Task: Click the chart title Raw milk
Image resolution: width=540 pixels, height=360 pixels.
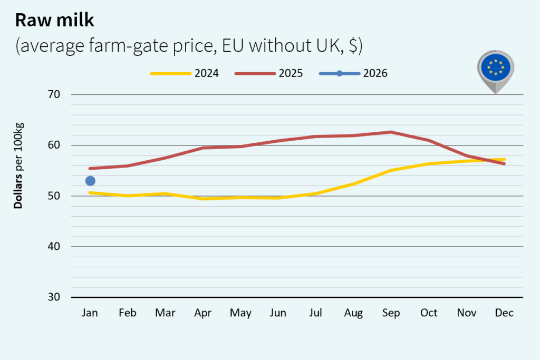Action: [54, 20]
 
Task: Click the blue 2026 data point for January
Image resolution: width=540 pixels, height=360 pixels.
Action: [90, 181]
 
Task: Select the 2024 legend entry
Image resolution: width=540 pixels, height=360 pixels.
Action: [185, 73]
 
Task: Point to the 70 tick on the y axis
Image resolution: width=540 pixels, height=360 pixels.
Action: [55, 95]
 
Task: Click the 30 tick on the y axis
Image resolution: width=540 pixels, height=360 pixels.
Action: [55, 297]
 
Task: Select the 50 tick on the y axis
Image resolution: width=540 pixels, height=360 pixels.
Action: [55, 196]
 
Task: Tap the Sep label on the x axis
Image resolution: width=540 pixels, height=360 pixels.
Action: [391, 313]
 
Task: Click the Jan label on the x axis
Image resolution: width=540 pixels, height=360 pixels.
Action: [90, 313]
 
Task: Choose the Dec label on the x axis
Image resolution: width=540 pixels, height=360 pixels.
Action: [504, 313]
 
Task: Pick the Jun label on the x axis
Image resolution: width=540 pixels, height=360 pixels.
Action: [278, 313]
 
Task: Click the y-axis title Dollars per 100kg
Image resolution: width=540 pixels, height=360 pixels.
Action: [19, 166]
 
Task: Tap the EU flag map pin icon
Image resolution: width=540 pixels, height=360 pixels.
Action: [495, 69]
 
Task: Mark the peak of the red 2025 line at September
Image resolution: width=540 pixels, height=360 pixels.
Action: [391, 132]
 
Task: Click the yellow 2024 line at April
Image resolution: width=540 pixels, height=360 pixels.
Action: [203, 199]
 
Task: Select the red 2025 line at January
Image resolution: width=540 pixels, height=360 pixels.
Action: [90, 169]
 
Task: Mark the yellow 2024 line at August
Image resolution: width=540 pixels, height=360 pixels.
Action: [353, 183]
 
